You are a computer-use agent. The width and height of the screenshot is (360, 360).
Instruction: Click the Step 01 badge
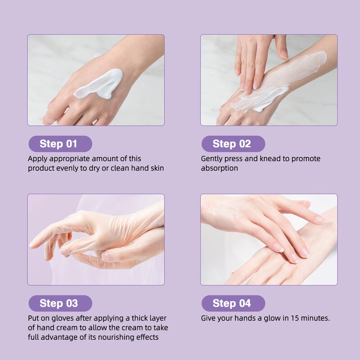pos(60,144)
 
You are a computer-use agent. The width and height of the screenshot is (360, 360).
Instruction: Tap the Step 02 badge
pos(233,144)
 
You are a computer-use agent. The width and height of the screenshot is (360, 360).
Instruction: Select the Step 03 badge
pos(60,303)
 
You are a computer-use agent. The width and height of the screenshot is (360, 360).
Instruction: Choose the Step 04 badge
pos(233,303)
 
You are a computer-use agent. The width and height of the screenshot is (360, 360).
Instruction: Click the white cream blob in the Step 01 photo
pos(101,83)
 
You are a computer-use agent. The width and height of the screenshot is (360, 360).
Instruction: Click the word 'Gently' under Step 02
pos(212,159)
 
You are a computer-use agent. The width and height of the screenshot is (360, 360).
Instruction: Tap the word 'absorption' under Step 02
pos(219,168)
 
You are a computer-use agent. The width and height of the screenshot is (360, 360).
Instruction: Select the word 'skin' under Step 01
pos(157,168)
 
